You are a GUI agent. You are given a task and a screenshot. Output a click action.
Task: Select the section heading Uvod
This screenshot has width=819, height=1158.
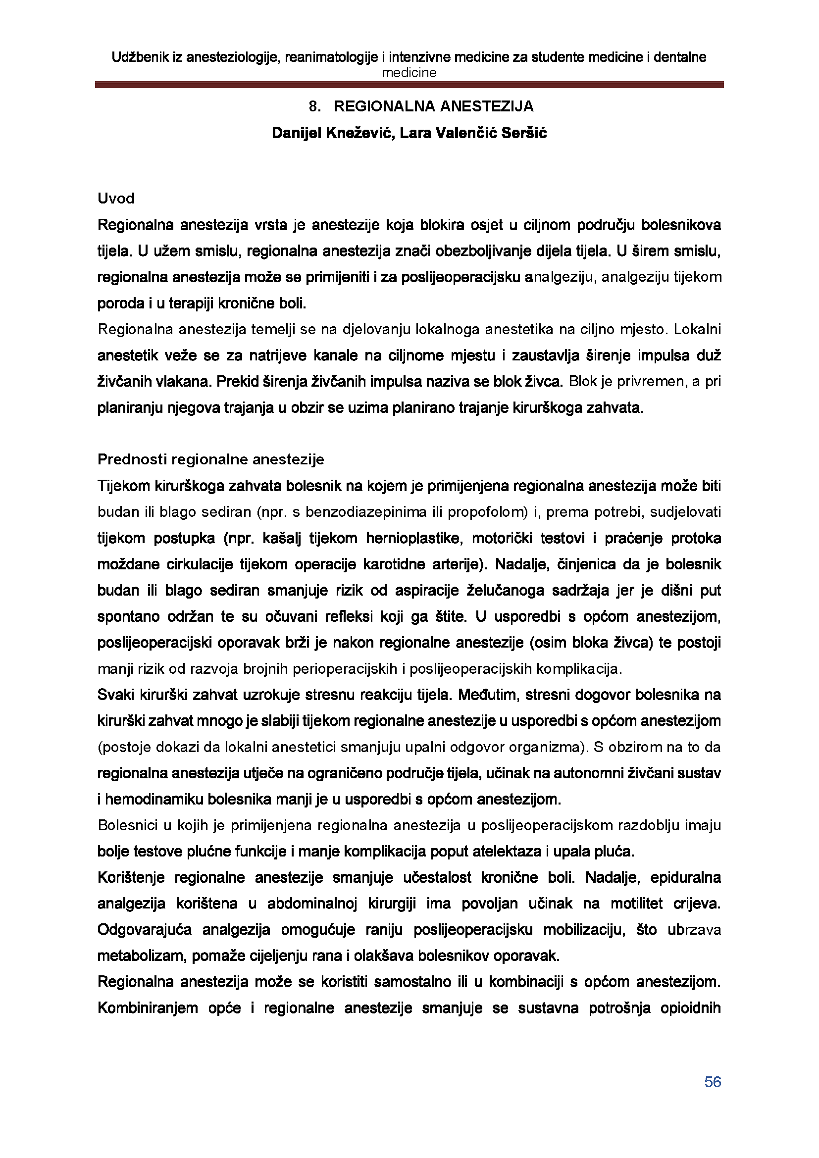116,199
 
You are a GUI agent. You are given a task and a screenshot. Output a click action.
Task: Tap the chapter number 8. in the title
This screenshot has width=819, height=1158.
315,106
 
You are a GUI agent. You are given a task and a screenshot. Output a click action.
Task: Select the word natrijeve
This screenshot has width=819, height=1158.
277,355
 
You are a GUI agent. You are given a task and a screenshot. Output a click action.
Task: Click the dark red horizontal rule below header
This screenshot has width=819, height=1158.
409,86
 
